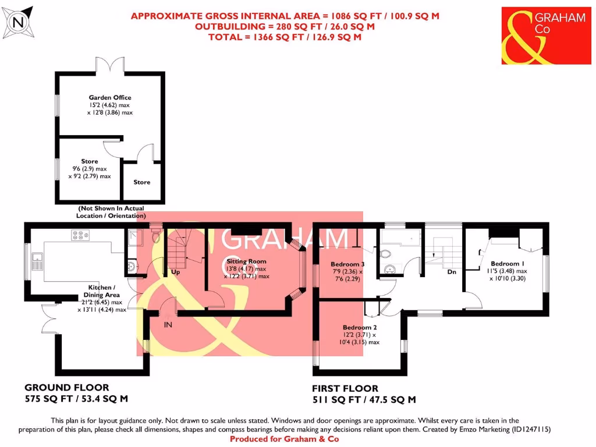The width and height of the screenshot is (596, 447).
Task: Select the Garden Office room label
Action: [110, 98]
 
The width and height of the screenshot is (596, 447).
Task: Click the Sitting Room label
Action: [246, 262]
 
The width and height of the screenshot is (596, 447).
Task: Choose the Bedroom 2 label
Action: [360, 327]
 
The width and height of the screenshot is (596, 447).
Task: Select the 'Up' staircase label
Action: [175, 272]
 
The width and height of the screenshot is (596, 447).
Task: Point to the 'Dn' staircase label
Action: [451, 272]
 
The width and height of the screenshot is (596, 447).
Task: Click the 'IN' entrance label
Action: [168, 324]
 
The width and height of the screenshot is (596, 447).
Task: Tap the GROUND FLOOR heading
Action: [66, 388]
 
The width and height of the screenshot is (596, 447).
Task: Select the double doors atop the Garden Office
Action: [111, 65]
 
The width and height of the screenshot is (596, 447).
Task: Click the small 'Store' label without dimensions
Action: [142, 182]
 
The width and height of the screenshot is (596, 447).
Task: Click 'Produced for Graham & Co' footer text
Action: [284, 439]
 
